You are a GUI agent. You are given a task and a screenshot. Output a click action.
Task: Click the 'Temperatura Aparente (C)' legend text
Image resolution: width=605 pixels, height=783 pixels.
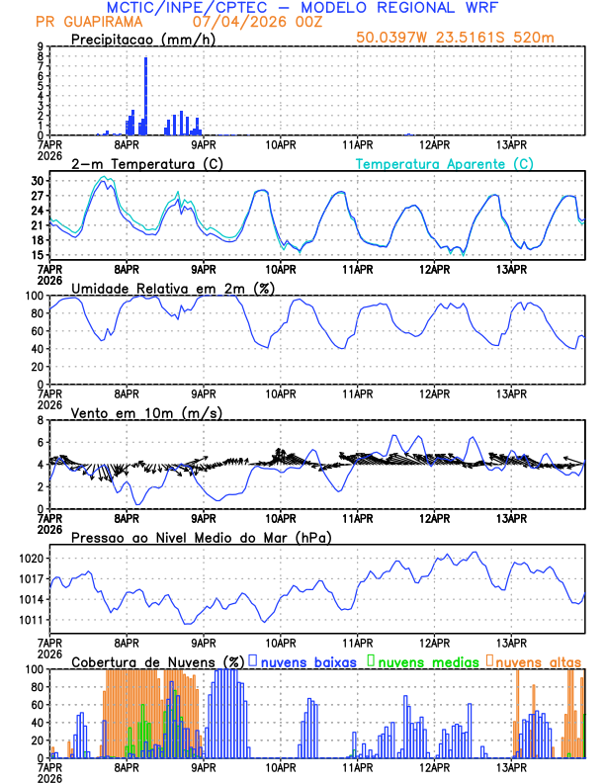pyautogui.click(x=445, y=163)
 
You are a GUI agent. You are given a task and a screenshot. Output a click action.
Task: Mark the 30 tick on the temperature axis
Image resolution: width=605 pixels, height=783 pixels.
pyautogui.click(x=38, y=181)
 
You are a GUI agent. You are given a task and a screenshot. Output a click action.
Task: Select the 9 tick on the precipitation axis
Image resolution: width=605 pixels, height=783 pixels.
pyautogui.click(x=41, y=46)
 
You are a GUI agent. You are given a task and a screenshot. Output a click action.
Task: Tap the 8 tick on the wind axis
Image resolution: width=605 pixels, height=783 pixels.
pyautogui.click(x=41, y=420)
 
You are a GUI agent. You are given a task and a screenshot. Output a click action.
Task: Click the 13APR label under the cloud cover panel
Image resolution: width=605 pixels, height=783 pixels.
pyautogui.click(x=511, y=766)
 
